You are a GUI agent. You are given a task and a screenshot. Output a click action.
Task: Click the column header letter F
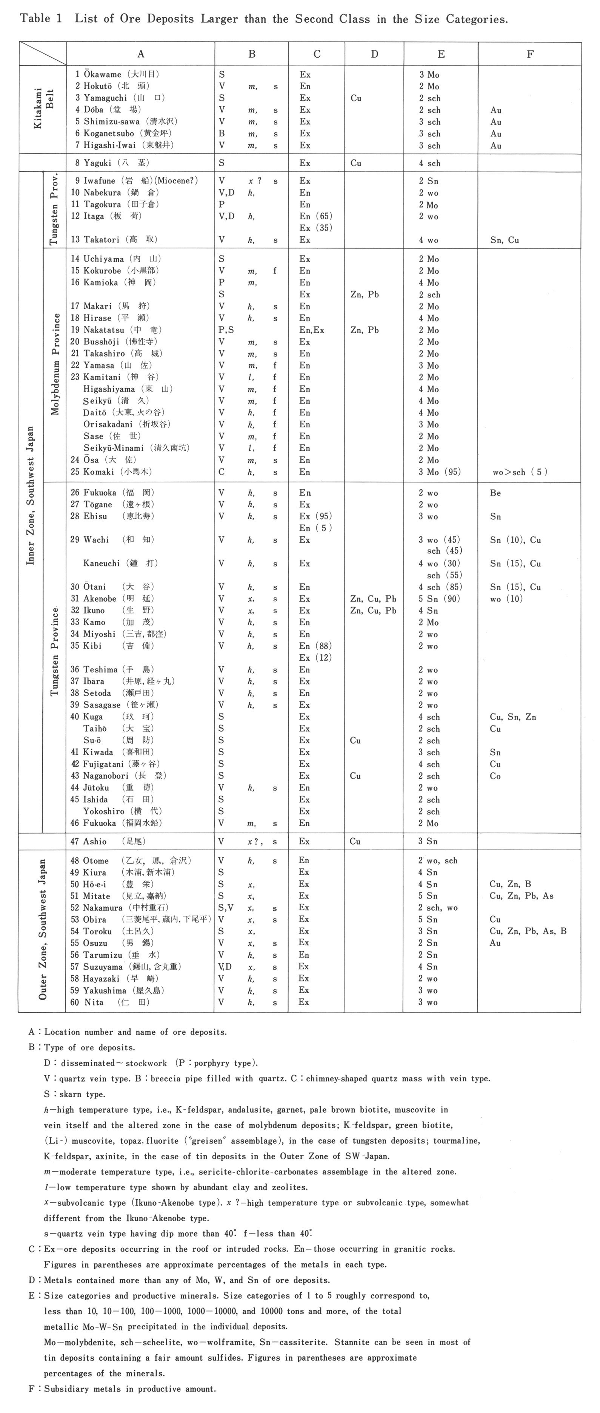[x=530, y=54]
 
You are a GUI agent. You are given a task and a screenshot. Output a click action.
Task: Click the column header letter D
[x=374, y=54]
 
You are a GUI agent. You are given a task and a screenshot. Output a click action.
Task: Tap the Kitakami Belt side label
[x=43, y=108]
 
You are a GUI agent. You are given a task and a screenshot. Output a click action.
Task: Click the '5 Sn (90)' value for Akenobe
[x=439, y=599]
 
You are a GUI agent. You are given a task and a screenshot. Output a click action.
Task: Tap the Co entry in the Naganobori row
[x=495, y=776]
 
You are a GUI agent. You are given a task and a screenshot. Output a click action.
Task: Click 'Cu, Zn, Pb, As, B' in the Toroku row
[x=528, y=931]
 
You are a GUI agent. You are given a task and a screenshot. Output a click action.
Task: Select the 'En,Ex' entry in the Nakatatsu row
[x=312, y=330]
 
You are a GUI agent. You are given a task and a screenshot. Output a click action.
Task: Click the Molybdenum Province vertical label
[x=55, y=364]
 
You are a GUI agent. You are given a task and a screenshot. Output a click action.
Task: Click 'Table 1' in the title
[x=41, y=18]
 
